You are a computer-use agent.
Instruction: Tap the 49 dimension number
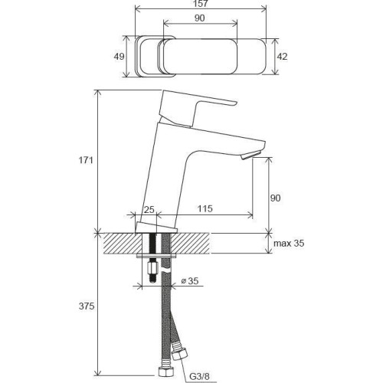click(117, 57)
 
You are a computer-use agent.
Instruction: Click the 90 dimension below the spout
click(276, 198)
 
